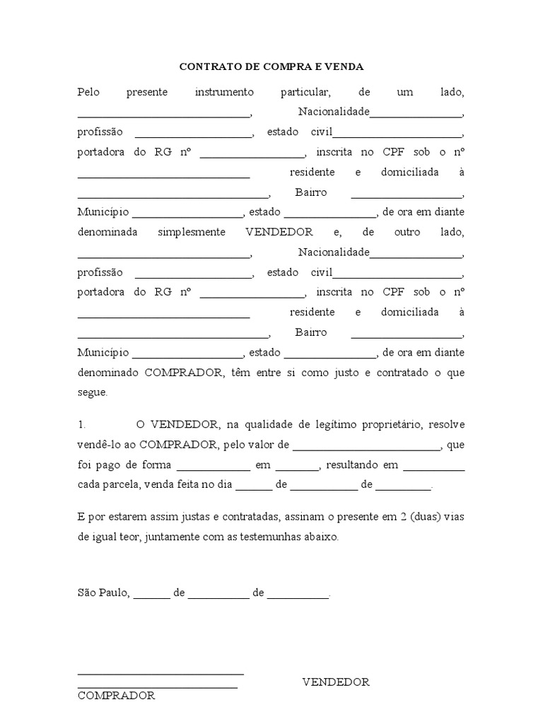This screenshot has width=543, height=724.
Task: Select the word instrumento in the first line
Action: [x=223, y=92]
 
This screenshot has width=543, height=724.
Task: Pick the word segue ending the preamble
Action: [x=92, y=392]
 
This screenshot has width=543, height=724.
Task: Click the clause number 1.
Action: [x=81, y=424]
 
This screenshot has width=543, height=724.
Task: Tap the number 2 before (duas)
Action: [x=402, y=517]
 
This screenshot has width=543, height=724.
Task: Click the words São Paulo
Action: [x=103, y=592]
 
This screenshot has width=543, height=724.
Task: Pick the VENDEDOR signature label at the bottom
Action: [x=336, y=682]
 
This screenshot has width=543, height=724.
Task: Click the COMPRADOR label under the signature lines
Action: [x=116, y=696]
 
